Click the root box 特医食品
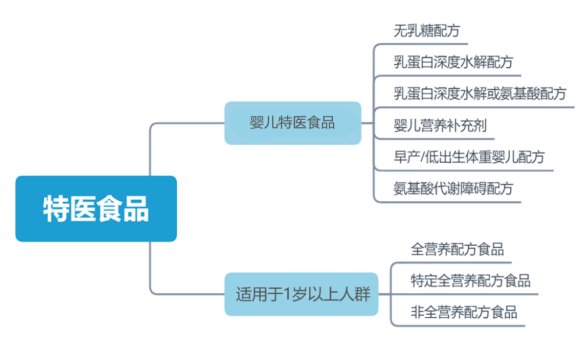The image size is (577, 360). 96,208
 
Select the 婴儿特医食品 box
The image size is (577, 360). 293,123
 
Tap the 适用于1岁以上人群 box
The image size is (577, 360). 301,294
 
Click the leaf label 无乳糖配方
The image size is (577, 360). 427,30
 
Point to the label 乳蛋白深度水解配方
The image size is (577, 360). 454,62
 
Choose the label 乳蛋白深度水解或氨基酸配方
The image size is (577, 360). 480,94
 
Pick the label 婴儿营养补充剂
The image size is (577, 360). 440,126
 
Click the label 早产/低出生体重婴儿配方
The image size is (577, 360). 469,157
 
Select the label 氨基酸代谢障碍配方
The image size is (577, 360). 454,189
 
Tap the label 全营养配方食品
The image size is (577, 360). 457,249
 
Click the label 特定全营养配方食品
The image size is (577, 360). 470,281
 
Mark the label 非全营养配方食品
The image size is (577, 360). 464,312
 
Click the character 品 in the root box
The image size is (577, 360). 136,209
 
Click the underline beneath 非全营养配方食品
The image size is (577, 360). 458,325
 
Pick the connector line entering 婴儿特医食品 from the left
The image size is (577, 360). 187,123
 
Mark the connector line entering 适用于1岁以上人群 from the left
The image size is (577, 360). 187,293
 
